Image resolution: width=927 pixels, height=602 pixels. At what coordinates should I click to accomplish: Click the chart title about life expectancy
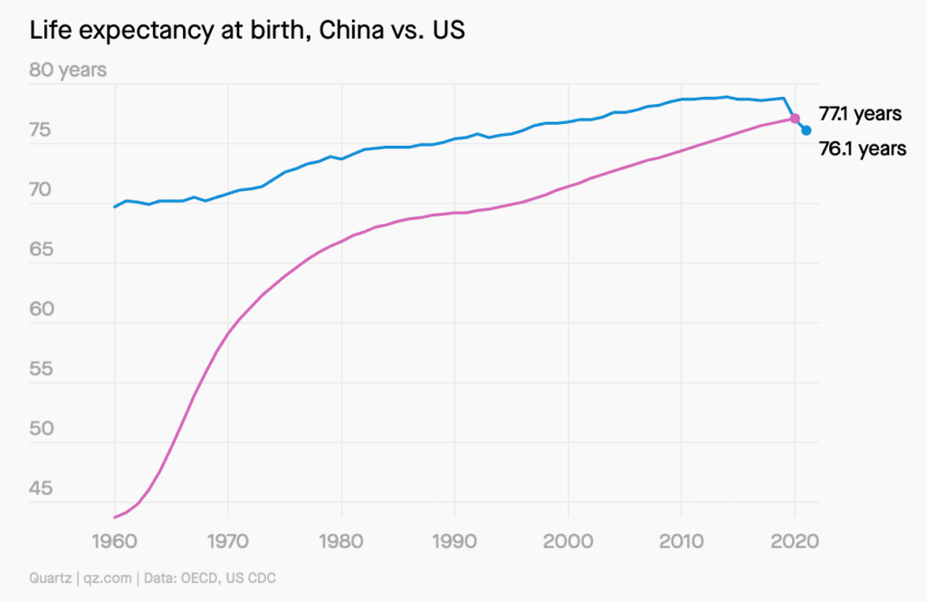[247, 31]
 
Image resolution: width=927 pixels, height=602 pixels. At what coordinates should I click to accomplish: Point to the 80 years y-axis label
[69, 70]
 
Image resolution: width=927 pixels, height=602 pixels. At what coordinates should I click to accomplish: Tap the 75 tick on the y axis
[44, 131]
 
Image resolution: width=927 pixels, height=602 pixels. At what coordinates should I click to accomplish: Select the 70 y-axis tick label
[44, 191]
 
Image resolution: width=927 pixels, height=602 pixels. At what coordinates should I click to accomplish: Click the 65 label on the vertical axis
[44, 251]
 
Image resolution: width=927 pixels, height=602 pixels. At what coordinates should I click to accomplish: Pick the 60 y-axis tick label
[44, 311]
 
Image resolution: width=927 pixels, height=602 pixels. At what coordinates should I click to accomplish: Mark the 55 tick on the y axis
[44, 370]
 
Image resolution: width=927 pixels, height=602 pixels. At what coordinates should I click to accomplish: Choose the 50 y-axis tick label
[44, 430]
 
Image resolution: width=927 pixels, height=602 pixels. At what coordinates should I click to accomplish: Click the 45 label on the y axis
[44, 490]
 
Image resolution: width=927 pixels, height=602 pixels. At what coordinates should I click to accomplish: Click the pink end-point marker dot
[795, 119]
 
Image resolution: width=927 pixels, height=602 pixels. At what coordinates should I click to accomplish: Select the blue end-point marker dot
[806, 130]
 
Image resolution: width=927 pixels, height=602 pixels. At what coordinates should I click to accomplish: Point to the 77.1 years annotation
[860, 114]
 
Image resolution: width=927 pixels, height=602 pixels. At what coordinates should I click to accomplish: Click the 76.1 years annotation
[862, 149]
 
